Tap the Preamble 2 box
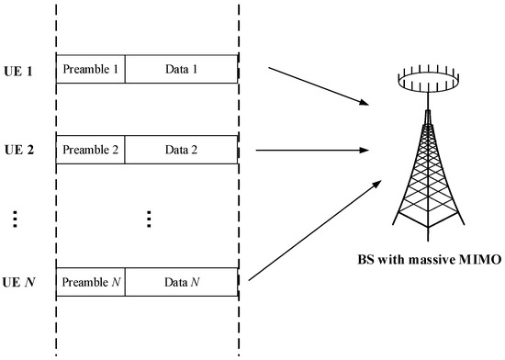pyautogui.click(x=90, y=150)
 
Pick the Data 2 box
pyautogui.click(x=181, y=150)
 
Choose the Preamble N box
pyautogui.click(x=90, y=280)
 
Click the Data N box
pyautogui.click(x=181, y=280)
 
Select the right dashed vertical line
pyautogui.click(x=239, y=184)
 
